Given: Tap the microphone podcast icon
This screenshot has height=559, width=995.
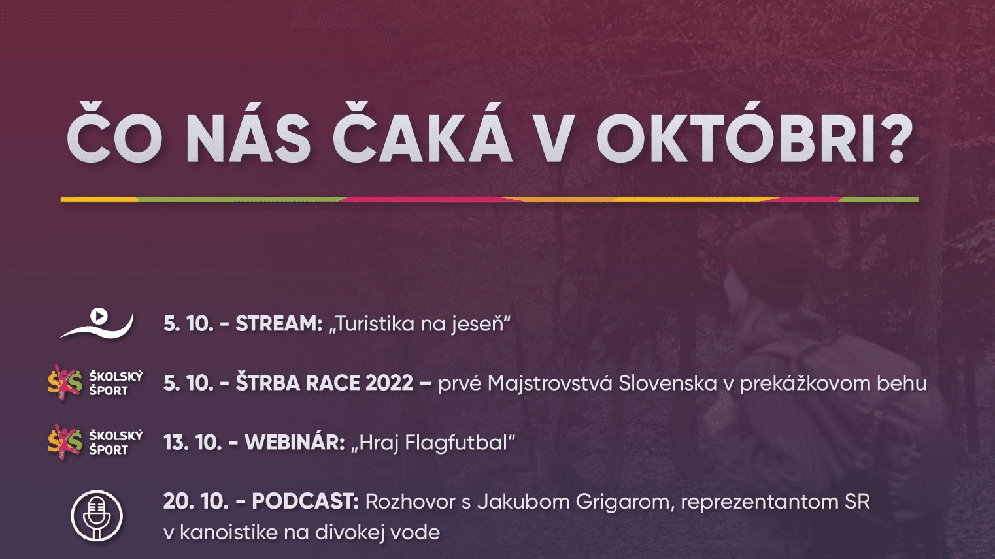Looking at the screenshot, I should (97, 515).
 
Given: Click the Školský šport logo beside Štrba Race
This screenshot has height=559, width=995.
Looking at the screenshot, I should (95, 383).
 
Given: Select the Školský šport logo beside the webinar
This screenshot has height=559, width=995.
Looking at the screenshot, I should (95, 442).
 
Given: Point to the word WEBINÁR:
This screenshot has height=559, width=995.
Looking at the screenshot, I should (294, 443).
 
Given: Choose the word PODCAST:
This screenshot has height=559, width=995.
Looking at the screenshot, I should (305, 502).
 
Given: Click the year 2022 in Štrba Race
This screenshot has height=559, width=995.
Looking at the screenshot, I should (389, 383).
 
